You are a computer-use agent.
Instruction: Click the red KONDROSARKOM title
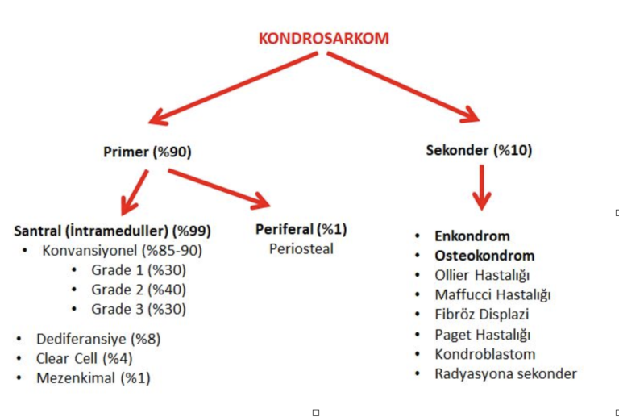[324, 38]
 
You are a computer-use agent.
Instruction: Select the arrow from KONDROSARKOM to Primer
[233, 89]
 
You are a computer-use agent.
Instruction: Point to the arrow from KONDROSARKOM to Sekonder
[404, 87]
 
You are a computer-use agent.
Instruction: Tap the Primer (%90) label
[147, 152]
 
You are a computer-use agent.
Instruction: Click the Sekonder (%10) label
[479, 151]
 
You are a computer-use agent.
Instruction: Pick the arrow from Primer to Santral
[135, 193]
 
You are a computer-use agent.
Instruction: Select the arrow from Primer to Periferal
[219, 189]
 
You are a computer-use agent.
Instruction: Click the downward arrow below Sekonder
[482, 188]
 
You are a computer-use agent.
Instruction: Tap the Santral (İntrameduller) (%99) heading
[113, 231]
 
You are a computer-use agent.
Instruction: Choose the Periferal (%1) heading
[301, 229]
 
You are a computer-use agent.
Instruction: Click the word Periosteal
[301, 248]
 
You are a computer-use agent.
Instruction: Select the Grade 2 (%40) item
[139, 290]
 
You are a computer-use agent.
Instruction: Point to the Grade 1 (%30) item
[139, 270]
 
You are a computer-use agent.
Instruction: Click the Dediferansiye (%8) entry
[98, 340]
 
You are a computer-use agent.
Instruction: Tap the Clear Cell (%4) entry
[84, 359]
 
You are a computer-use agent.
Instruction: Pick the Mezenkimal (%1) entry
[93, 378]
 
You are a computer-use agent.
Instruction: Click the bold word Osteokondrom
[484, 256]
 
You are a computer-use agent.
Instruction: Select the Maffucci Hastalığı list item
[492, 295]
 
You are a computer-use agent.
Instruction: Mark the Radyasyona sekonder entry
[505, 373]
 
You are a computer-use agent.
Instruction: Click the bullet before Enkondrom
[418, 236]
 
